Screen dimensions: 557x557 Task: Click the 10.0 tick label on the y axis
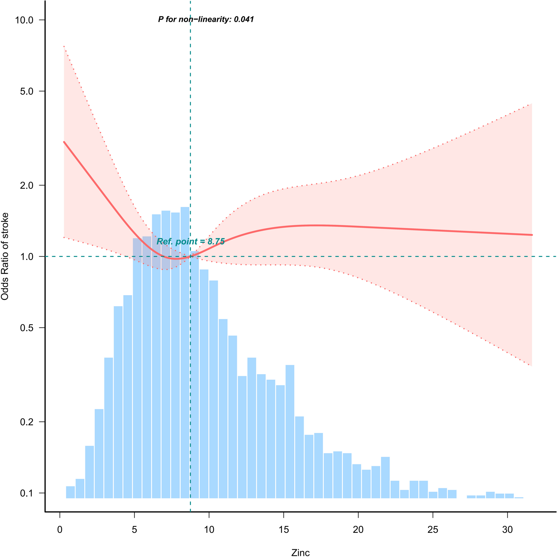pos(24,20)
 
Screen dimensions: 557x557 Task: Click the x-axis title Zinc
pos(300,552)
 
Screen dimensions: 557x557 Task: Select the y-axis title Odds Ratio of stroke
pos(5,256)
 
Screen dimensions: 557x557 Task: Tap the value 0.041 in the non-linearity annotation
pos(244,20)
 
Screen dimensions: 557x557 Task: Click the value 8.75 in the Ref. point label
pos(216,242)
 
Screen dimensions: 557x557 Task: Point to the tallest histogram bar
pos(185,346)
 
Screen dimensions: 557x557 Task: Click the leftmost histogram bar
pos(70,492)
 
